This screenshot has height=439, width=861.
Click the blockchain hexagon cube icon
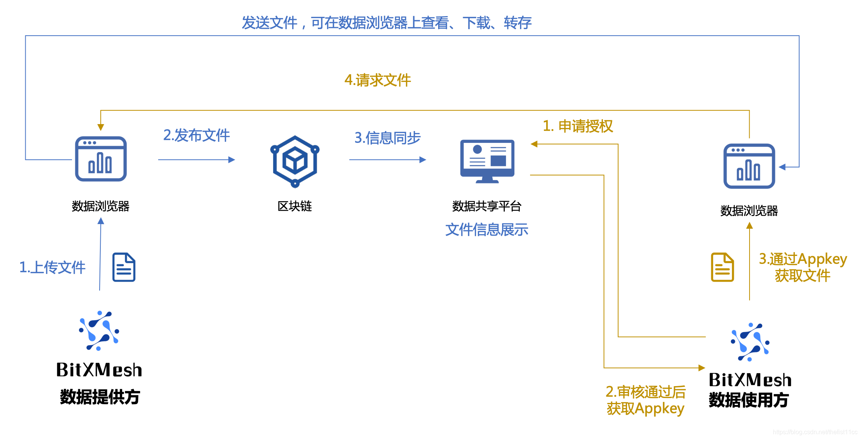click(295, 161)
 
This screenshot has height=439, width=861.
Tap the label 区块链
click(295, 206)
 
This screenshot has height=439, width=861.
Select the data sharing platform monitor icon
click(487, 161)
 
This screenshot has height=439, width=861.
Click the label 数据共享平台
click(486, 206)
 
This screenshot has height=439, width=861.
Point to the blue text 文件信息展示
click(486, 230)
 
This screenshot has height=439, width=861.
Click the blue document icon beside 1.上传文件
click(124, 267)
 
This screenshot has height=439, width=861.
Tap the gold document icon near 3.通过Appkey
click(722, 267)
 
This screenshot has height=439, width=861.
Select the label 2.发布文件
click(196, 135)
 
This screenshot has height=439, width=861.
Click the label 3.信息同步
click(387, 138)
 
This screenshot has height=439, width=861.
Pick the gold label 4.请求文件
click(377, 80)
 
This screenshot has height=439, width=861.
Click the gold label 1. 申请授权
click(578, 126)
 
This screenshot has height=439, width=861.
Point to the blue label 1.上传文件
click(52, 267)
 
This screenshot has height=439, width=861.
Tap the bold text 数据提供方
click(100, 397)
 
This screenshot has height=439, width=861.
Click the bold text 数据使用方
click(748, 400)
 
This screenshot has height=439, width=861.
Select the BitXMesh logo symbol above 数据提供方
click(99, 331)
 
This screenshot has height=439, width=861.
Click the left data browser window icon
click(101, 159)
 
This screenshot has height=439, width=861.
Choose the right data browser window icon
click(749, 166)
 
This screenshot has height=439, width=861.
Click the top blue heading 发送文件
click(386, 23)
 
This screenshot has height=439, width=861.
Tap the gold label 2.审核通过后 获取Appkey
click(645, 400)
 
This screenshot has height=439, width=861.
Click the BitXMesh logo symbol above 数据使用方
click(750, 342)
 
